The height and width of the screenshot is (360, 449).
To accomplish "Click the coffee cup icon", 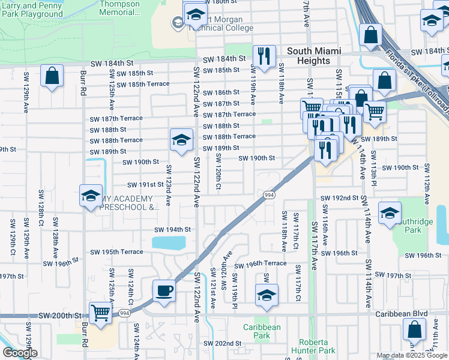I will point(164,292).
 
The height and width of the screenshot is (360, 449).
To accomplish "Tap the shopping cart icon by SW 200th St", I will point(100,313).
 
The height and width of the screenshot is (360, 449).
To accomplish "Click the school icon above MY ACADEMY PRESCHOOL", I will point(91,196).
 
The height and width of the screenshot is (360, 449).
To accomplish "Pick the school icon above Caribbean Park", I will point(267,295).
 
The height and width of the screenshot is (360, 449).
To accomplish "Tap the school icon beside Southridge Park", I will point(390,213).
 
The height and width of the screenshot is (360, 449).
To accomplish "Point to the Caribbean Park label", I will point(262,332).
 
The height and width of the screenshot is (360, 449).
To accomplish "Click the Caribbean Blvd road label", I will point(400,314).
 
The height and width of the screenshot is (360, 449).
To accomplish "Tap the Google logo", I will point(20,353).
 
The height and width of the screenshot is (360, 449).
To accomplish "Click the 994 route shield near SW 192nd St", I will point(268,194).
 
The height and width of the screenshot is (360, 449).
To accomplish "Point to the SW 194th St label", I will point(172,230).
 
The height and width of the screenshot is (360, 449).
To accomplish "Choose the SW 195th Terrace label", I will point(116,252).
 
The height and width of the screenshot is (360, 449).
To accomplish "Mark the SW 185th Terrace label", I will point(143,84).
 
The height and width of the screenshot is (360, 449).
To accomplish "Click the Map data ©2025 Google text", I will point(412,355).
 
